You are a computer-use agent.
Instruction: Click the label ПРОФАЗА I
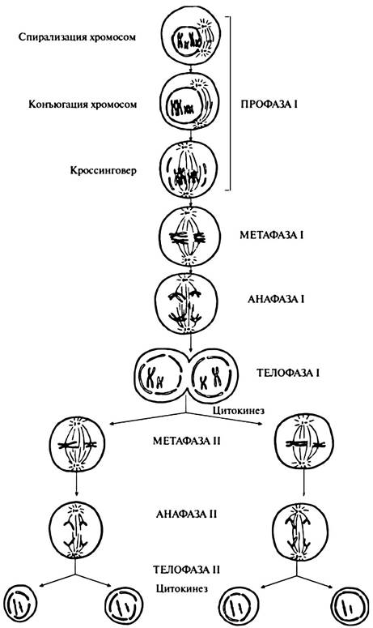point(269,105)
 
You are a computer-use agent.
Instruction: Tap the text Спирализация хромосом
point(77,37)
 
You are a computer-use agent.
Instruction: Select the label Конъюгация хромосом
point(83,105)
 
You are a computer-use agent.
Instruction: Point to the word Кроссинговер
point(104,171)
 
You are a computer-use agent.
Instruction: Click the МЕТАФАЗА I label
point(271,235)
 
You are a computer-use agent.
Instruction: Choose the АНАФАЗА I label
point(276,300)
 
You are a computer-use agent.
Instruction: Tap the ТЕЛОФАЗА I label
point(288,374)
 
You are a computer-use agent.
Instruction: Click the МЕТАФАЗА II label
point(187,441)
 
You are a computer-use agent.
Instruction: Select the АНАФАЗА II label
point(187,514)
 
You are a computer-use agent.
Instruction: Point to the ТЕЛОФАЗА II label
point(187,569)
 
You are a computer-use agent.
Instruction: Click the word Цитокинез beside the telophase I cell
point(239,410)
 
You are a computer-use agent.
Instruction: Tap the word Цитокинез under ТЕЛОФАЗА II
point(182,588)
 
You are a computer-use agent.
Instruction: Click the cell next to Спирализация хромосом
point(192,38)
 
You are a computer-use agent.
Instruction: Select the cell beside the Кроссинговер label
point(189,170)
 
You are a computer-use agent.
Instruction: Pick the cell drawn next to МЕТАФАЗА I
point(189,237)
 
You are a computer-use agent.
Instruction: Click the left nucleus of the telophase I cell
point(160,378)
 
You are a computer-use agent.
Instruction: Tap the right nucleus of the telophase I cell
point(212,377)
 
